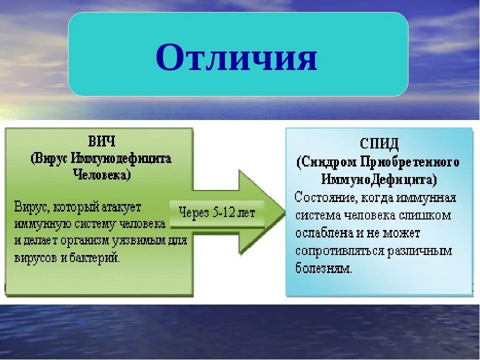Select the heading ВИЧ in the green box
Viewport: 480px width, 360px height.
tap(101, 141)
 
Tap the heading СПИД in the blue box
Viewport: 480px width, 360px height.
tap(379, 143)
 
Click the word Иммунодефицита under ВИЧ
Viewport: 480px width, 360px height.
tap(121, 159)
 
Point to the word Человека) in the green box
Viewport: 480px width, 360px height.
tap(102, 175)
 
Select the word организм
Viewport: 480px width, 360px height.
tap(84, 241)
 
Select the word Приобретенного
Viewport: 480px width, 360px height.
tap(409, 162)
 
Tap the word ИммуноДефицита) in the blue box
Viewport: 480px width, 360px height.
tap(379, 179)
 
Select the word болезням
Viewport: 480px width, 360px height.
tap(323, 268)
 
